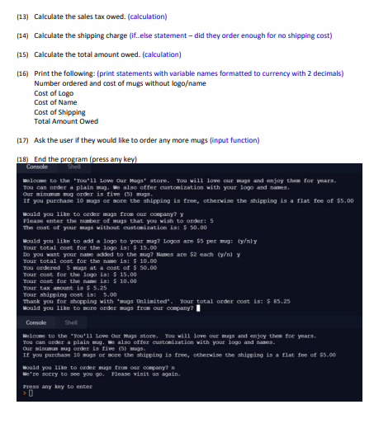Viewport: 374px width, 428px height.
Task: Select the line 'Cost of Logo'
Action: [54, 93]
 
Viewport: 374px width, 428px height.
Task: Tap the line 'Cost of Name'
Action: [55, 102]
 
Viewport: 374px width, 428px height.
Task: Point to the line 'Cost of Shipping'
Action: [59, 112]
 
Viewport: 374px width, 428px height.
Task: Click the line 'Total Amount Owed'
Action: [65, 121]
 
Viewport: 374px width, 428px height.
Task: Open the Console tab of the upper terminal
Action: [37, 166]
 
